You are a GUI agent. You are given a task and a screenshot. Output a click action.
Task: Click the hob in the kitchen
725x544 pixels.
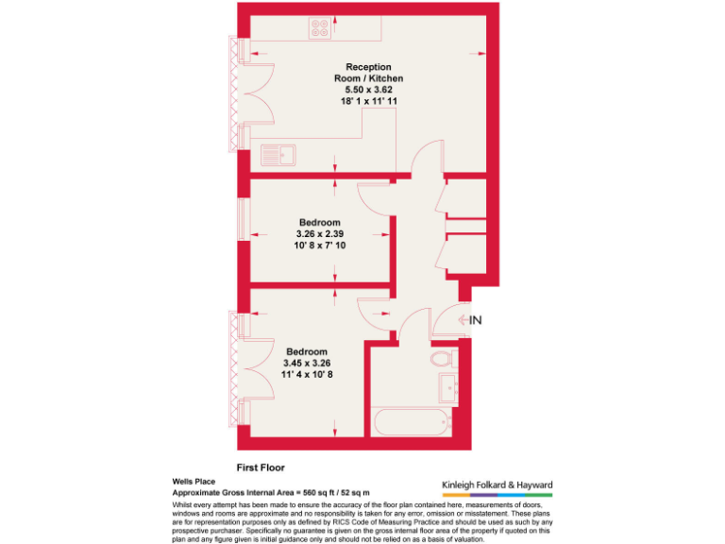click(319, 29)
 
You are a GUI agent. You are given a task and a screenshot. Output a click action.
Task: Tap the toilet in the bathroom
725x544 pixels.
click(442, 359)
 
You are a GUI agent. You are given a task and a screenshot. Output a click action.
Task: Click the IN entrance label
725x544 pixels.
click(476, 320)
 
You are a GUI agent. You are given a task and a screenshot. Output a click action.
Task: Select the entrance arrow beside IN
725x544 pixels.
click(463, 320)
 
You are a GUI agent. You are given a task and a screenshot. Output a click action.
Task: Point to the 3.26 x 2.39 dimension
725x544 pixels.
click(320, 234)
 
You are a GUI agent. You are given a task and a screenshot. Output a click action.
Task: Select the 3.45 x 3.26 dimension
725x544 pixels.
click(307, 363)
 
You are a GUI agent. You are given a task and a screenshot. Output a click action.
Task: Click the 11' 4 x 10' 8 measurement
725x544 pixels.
click(307, 374)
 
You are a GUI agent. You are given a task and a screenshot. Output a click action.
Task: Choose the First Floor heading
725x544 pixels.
click(260, 467)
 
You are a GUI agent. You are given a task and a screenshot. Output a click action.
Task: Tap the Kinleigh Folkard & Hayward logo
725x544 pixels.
click(497, 488)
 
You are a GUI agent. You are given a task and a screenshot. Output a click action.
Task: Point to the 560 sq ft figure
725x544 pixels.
click(318, 492)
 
